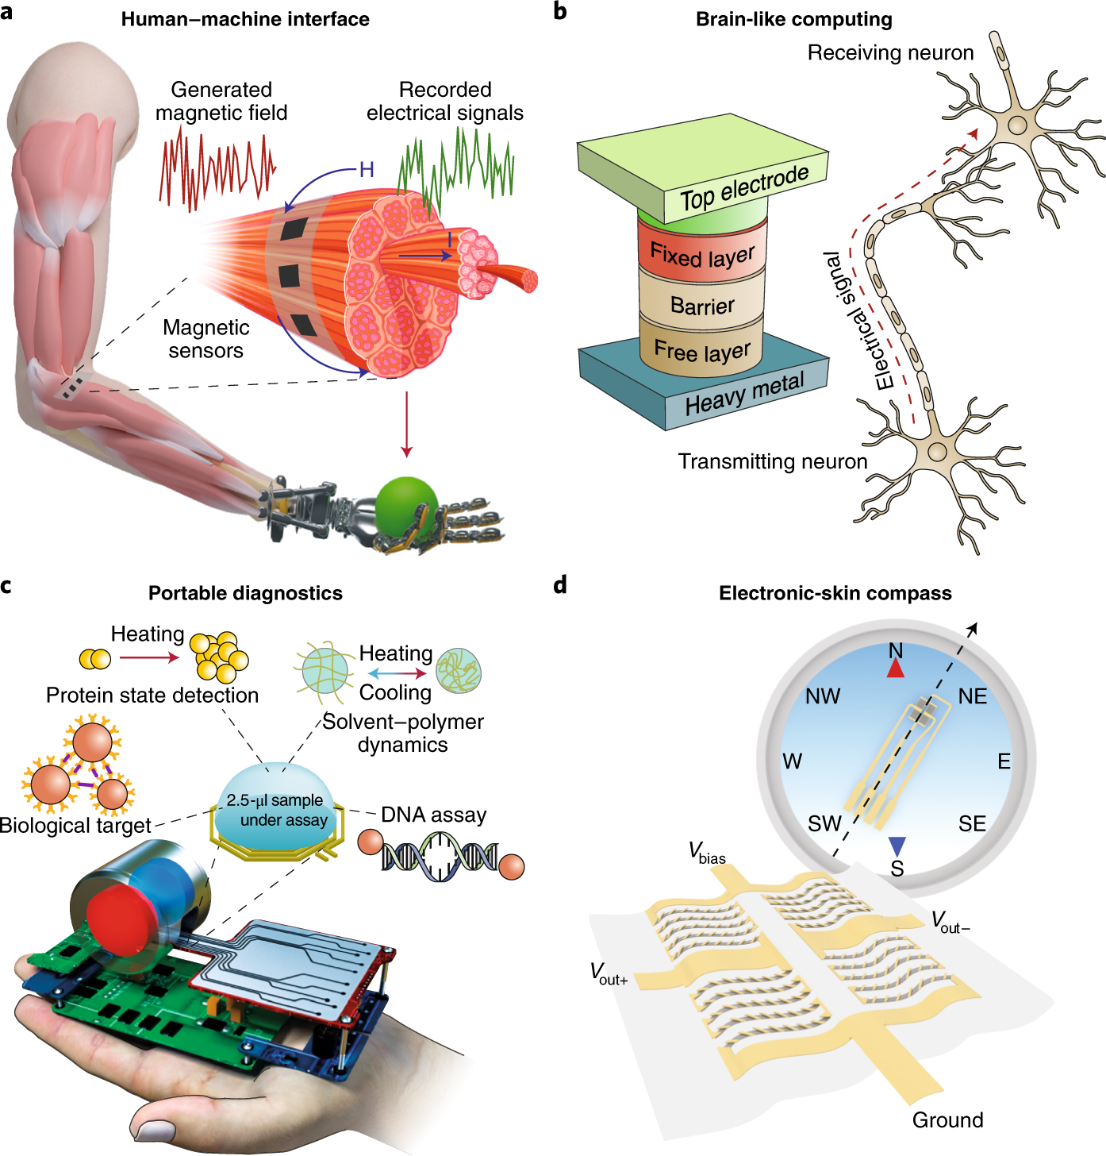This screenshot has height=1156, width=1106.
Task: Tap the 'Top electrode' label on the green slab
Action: [x=744, y=187]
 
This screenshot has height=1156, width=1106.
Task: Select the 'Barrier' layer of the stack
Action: [x=702, y=306]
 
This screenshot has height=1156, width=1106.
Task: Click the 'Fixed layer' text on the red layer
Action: [x=702, y=256]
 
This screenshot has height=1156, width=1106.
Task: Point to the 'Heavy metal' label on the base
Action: [x=744, y=394]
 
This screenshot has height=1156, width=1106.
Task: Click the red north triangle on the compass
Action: [x=896, y=669]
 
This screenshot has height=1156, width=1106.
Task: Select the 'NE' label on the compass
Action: [x=972, y=696]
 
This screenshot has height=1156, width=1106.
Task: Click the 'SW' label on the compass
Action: [x=824, y=823]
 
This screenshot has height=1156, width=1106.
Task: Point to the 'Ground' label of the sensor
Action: [x=947, y=1119]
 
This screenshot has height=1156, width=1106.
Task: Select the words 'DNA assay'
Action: [x=434, y=815]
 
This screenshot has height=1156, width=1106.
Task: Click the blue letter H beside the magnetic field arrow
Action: [x=367, y=169]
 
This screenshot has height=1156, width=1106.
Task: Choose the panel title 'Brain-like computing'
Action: [x=793, y=19]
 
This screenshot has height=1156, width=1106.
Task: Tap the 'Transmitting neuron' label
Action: [x=772, y=461]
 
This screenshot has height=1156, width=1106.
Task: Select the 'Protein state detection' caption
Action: [x=152, y=695]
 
